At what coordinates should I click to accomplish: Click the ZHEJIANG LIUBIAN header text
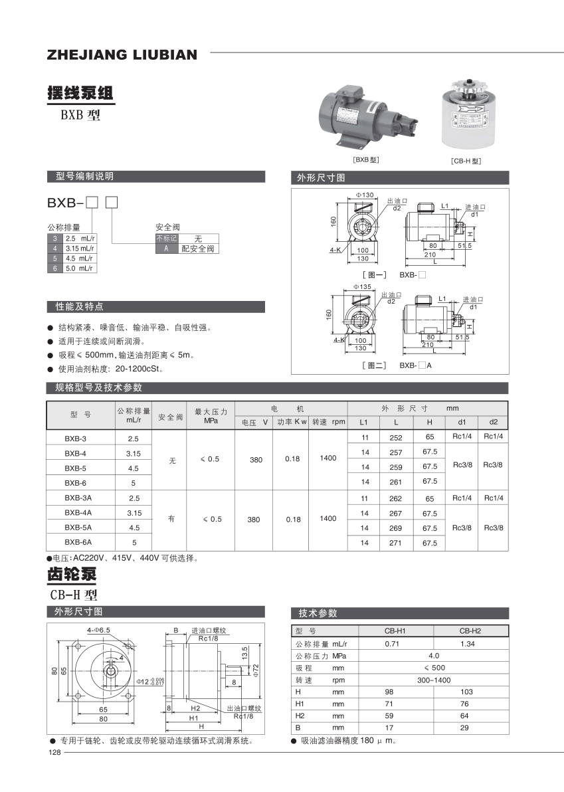point(122,55)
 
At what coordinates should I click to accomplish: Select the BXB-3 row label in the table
point(75,439)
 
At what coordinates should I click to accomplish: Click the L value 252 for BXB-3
point(396,439)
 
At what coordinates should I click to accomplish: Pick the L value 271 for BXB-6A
point(396,543)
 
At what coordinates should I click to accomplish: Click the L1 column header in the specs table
point(363,423)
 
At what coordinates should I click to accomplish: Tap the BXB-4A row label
point(78,513)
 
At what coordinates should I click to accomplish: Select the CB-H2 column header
point(470,631)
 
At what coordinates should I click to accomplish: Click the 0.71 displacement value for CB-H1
point(392,644)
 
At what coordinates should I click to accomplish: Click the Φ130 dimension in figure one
point(365,195)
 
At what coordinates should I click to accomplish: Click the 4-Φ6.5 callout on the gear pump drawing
point(98,629)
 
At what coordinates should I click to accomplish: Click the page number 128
point(54,753)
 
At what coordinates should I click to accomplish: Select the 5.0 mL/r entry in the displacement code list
point(78,268)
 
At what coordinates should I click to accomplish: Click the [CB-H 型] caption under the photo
point(465,161)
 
